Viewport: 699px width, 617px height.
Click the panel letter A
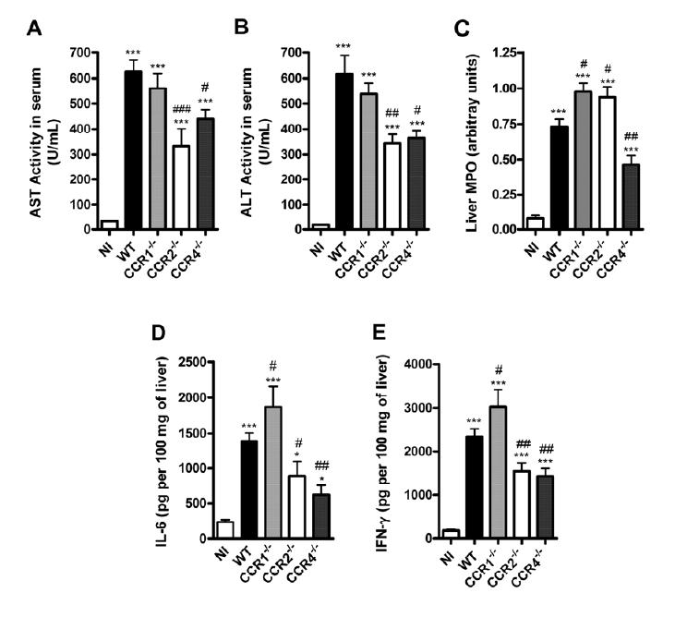click(34, 29)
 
